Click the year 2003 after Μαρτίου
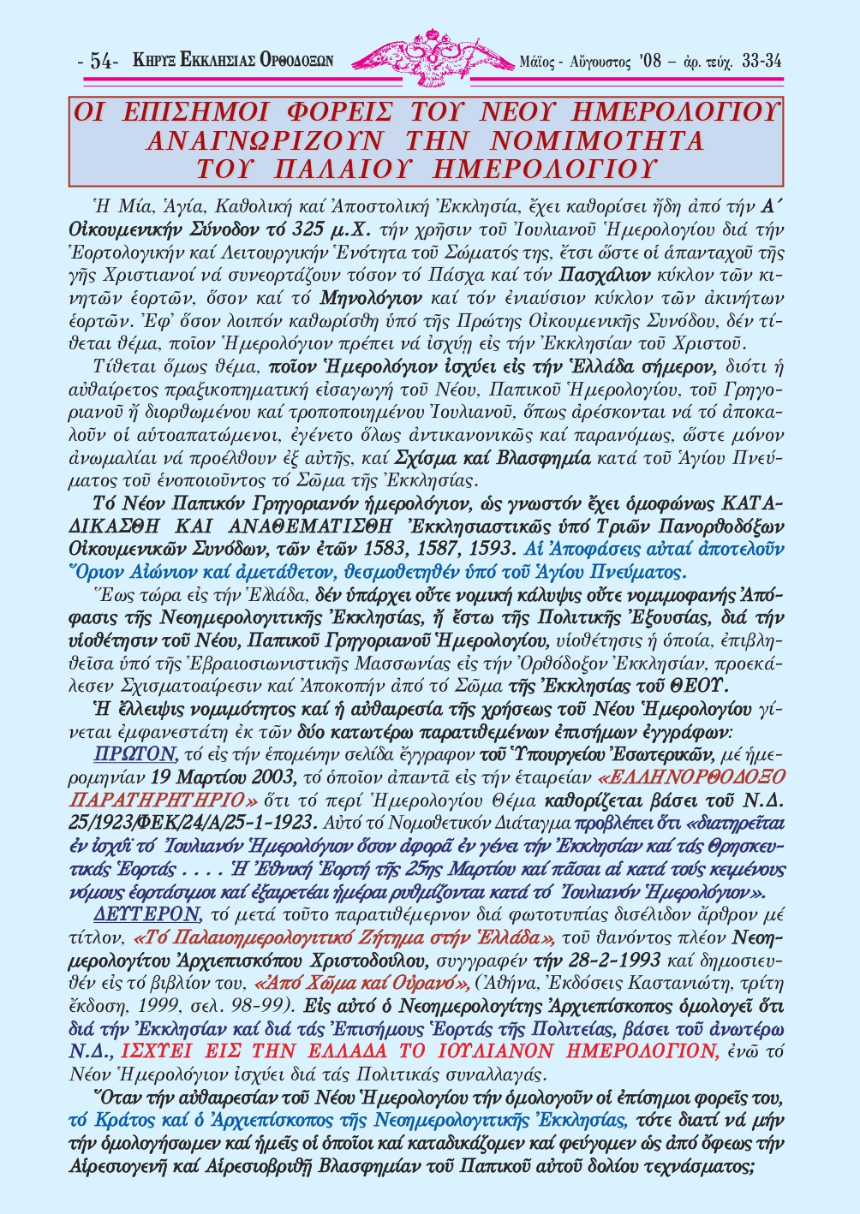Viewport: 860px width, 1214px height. pyautogui.click(x=269, y=777)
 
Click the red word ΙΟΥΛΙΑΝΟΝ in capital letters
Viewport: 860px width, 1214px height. pyautogui.click(x=532, y=1050)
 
